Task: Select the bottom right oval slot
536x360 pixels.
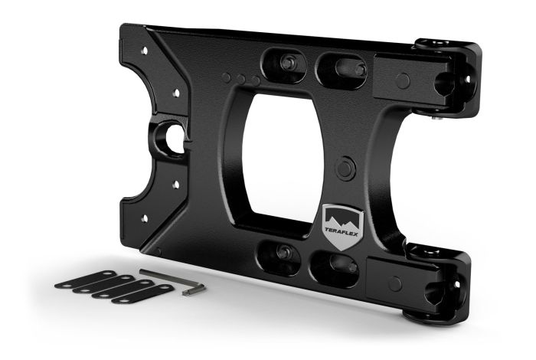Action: click(335, 265)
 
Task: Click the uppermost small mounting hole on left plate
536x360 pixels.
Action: click(143, 49)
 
